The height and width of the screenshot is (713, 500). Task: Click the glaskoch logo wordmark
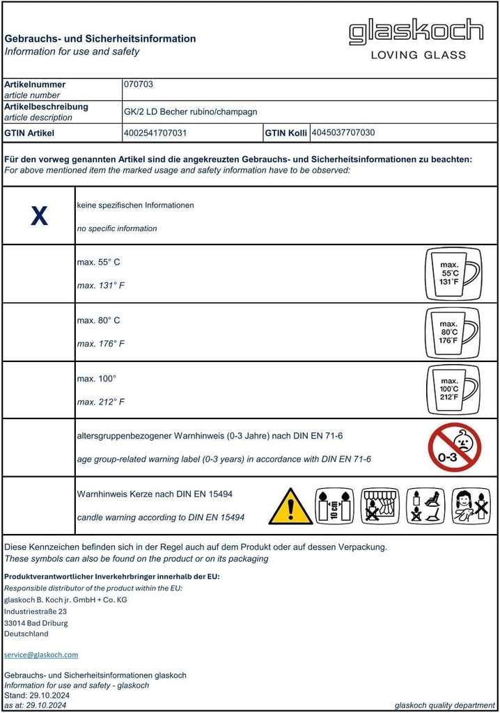416,32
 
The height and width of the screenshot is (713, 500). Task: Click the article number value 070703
138,84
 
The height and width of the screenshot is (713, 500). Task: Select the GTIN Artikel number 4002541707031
155,132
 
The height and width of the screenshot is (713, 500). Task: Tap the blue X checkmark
39,217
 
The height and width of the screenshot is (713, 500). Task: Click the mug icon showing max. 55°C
453,274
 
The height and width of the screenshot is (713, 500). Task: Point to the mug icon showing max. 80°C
453,332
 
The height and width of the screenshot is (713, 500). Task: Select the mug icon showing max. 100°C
453,390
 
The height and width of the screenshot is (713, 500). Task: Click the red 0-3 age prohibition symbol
454,447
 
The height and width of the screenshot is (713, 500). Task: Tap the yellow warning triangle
290,507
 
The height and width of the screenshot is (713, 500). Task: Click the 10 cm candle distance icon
334,506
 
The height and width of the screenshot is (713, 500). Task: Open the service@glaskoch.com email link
41,655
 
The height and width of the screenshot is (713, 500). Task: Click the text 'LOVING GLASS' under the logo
418,55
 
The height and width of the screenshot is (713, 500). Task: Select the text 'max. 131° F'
101,285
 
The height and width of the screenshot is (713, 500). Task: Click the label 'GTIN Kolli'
286,132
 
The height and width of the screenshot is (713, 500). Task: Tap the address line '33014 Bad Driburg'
36,623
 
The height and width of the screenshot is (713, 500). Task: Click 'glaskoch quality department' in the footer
444,705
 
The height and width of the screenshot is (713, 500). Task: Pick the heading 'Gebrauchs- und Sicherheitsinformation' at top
100,39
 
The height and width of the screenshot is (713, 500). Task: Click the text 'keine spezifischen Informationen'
135,205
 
